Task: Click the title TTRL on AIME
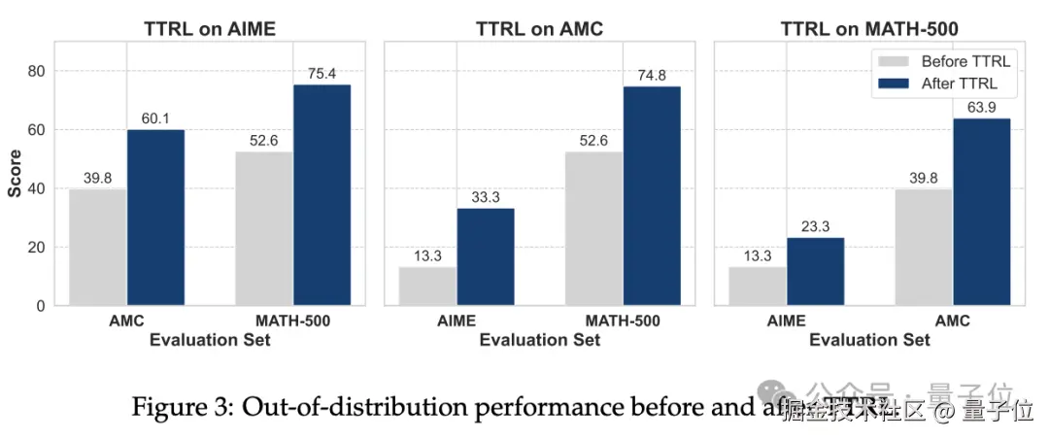210,29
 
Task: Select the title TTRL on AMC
539,29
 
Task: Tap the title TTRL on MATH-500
869,29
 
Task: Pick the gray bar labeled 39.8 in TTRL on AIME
97,247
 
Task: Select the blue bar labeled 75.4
321,194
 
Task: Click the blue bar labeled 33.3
486,256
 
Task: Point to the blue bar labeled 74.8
652,195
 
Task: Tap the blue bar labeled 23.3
816,271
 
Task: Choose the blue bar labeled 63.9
982,212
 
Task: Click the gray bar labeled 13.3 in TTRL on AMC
427,286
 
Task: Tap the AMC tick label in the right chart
953,321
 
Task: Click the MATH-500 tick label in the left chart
292,321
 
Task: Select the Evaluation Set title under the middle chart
539,340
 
